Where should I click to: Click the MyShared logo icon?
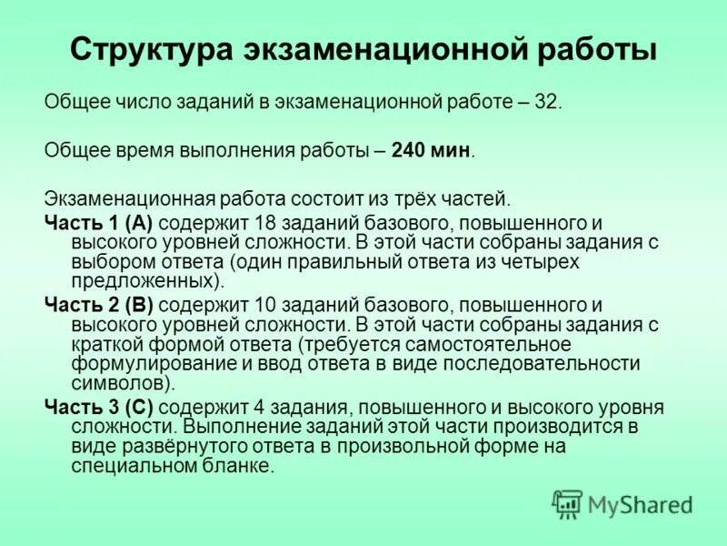pyautogui.click(x=568, y=503)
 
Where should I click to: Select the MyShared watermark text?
pyautogui.click(x=640, y=504)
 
